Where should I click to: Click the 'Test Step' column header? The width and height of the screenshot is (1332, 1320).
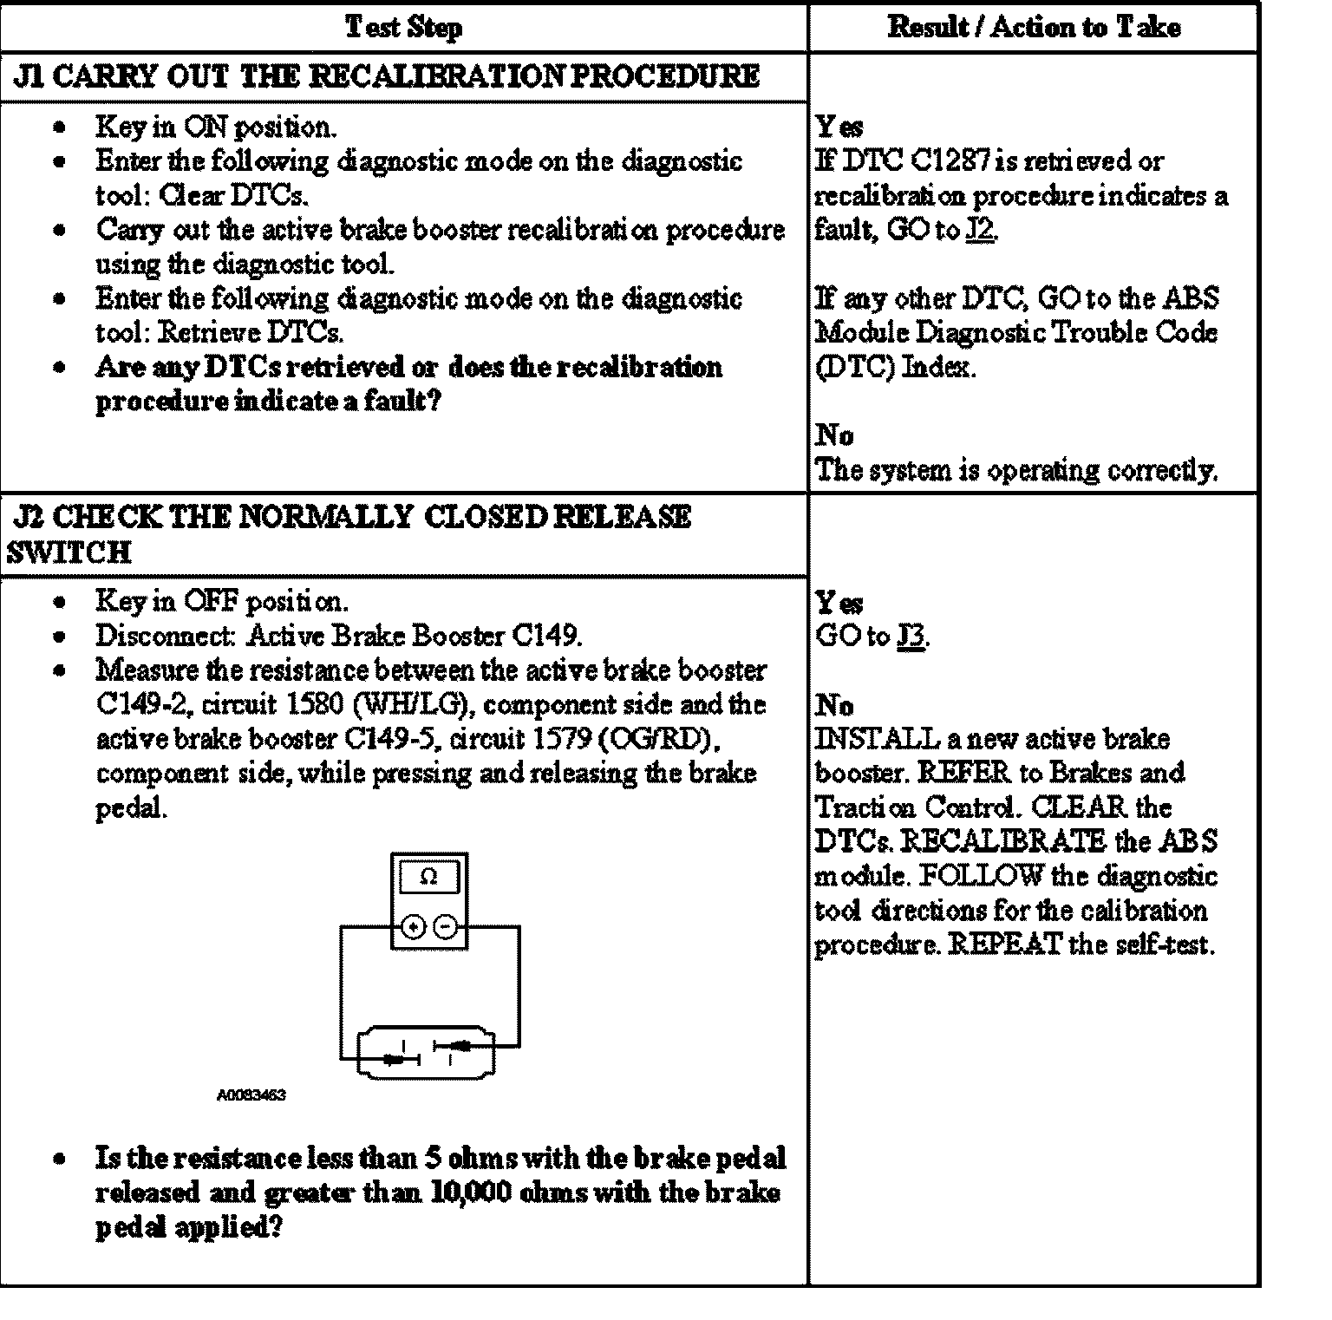click(x=403, y=27)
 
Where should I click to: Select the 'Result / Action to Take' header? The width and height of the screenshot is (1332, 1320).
click(x=1033, y=27)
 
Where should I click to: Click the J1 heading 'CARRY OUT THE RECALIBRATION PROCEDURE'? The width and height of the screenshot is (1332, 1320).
click(x=387, y=76)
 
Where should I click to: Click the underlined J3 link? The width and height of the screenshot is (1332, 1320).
click(x=911, y=637)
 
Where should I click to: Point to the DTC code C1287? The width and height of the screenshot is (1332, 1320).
click(x=952, y=161)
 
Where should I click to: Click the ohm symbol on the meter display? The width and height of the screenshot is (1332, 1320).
click(x=428, y=877)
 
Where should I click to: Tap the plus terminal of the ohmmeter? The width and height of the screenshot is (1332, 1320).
click(x=414, y=927)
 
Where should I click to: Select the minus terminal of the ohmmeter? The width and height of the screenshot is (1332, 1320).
click(x=444, y=927)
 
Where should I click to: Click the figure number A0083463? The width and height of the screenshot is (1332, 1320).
click(x=251, y=1095)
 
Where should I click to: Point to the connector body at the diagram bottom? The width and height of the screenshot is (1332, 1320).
click(x=427, y=1052)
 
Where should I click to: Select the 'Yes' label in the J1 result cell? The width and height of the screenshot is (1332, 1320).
click(x=839, y=127)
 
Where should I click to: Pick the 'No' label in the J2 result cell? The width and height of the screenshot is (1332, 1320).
click(x=834, y=705)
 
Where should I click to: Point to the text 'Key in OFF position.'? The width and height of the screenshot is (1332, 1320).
click(x=222, y=601)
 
